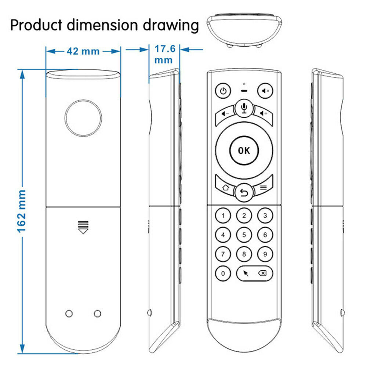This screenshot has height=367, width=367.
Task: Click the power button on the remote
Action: point(223,91)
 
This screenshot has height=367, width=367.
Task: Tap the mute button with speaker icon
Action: point(265,91)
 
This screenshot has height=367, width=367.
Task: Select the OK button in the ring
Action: point(244,150)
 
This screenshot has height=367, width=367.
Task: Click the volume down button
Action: point(225,115)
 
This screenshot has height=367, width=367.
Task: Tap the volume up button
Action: point(264,114)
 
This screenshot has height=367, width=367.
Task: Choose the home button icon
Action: point(225,187)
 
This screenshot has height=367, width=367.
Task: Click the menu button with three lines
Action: point(264,187)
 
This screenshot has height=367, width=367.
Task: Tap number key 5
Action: point(244,235)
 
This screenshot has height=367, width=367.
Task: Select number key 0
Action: point(223,273)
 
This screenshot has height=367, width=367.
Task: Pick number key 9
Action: point(265,254)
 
